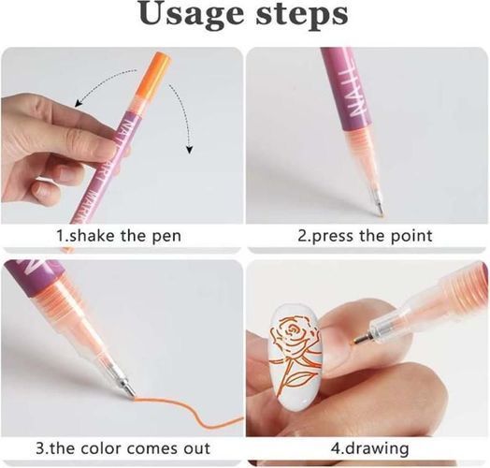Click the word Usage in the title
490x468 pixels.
click(191, 15)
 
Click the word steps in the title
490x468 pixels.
click(302, 16)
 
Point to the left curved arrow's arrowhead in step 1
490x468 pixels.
click(79, 103)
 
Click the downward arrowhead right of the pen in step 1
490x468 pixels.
click(189, 150)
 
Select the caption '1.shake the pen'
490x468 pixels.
click(119, 236)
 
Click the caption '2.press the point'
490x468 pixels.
click(365, 236)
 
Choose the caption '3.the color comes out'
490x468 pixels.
click(122, 448)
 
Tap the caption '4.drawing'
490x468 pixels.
click(369, 448)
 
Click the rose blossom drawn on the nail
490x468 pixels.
click(294, 337)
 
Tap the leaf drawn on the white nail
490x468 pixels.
click(300, 379)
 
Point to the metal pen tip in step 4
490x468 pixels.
click(362, 339)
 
